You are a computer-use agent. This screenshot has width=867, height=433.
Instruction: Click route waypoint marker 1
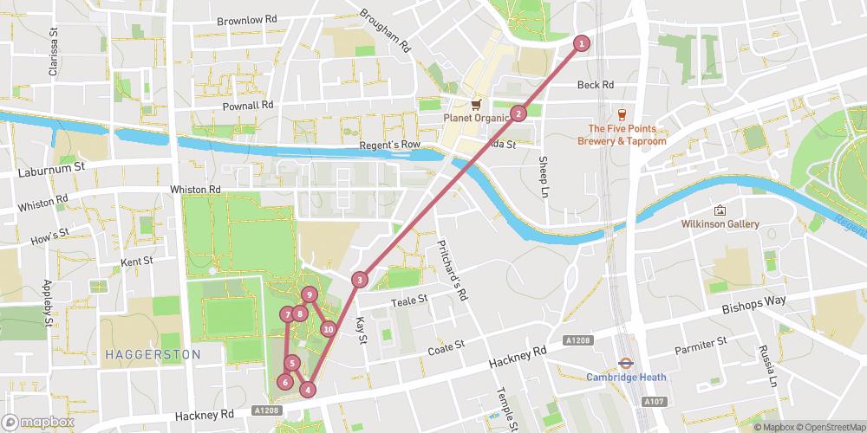point(582,42)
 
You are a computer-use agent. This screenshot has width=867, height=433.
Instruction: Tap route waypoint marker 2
point(518,113)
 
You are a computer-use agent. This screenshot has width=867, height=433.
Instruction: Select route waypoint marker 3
point(359,280)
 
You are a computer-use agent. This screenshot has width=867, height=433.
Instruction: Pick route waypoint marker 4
point(307,390)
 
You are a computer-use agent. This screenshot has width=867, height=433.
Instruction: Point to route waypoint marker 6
point(284,382)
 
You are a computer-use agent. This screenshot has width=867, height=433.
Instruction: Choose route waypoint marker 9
point(309,294)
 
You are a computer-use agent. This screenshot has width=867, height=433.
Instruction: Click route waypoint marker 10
point(328,329)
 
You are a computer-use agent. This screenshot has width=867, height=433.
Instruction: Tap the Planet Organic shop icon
point(475,104)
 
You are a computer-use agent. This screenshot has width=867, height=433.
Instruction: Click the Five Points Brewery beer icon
point(621,113)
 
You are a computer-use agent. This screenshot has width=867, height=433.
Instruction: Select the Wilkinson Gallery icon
point(719,210)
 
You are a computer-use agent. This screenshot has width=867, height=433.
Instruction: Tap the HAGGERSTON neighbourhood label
point(153,354)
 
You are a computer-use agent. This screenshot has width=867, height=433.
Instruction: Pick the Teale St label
point(410,301)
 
